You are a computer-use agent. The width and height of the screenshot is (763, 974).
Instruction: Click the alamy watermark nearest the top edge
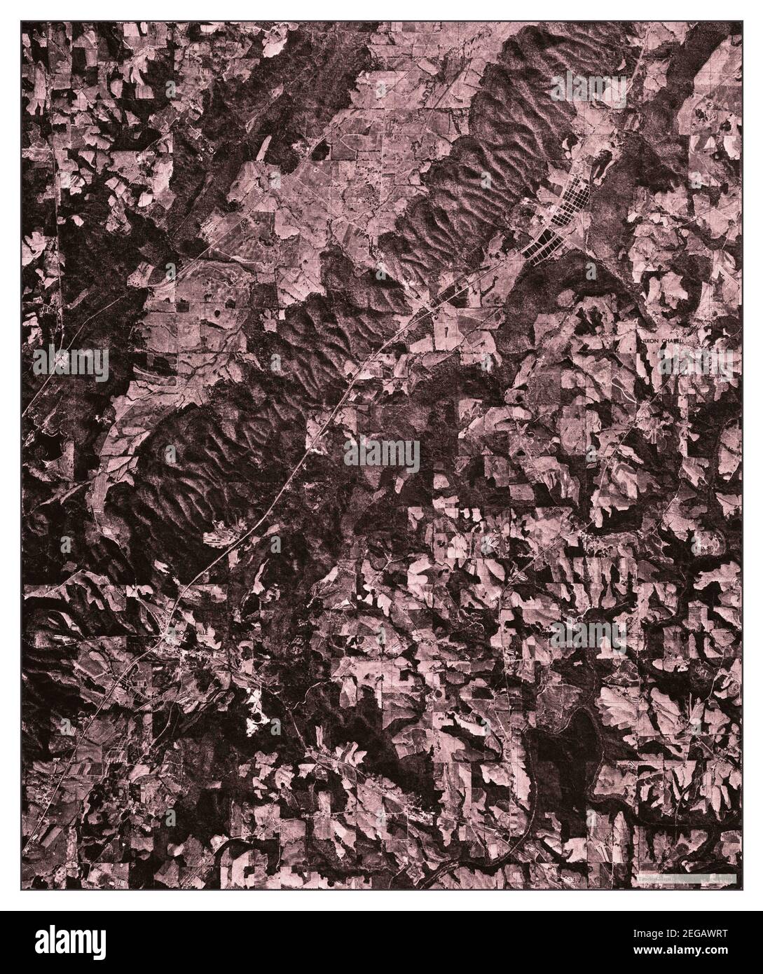[589, 90]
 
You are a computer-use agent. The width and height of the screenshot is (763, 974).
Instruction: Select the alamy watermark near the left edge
[70, 364]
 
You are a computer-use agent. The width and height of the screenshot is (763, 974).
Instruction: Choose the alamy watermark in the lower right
[589, 634]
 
